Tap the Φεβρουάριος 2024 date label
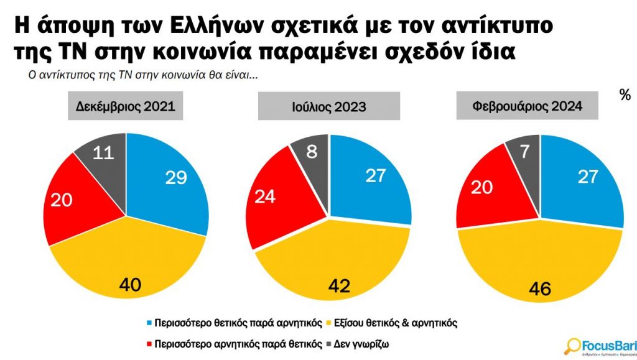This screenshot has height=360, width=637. pyautogui.click(x=527, y=106)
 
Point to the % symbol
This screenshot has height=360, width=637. pyautogui.click(x=625, y=95)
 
